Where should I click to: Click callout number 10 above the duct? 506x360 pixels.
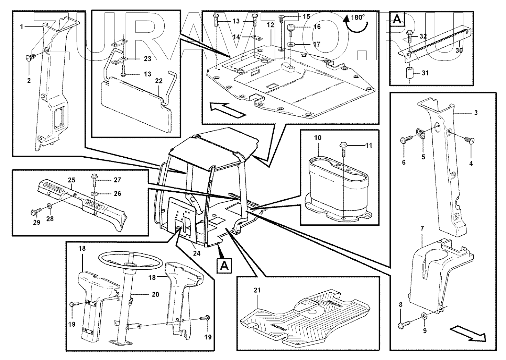tap(318, 138)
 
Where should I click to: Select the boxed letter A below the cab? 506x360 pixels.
tap(224, 266)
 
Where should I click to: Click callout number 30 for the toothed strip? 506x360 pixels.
tap(459, 50)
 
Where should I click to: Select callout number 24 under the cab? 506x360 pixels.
tap(196, 253)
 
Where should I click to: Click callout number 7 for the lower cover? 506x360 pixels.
tap(422, 228)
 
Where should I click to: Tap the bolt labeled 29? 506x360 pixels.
tap(36, 211)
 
